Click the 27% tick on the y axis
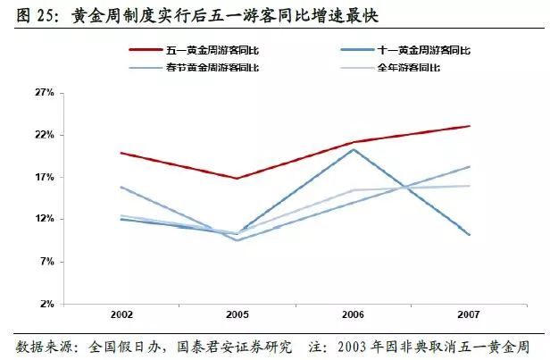pos(44,93)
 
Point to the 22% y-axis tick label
pos(44,135)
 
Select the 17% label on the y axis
pos(44,177)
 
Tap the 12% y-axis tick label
pos(44,219)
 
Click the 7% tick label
pos(46,262)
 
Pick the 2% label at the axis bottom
pos(46,304)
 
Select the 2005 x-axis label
pos(237,317)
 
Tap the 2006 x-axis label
pos(353,317)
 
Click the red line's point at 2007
pos(470,126)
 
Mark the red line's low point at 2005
pos(237,179)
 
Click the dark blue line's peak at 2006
pos(354,149)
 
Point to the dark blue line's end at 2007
pos(470,235)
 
